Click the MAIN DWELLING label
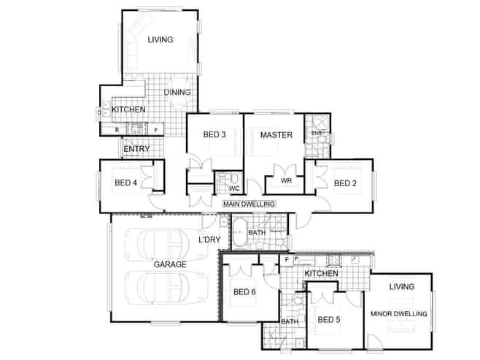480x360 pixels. point(249,204)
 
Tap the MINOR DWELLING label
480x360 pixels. point(398,314)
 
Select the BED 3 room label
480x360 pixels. point(214,134)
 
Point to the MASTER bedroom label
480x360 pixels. point(276,135)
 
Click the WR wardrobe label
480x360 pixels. point(286,181)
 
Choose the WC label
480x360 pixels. point(234,188)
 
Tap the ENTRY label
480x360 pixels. point(136,149)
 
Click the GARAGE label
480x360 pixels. point(170,264)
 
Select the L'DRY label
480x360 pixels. point(209,240)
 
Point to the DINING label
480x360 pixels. point(177,92)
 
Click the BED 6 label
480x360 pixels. point(244,292)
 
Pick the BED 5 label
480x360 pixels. point(329,320)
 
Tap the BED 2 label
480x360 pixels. point(345,183)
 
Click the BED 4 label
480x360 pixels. point(125,183)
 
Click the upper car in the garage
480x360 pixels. point(166,245)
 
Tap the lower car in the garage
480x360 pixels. point(166,288)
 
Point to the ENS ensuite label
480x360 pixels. point(317,134)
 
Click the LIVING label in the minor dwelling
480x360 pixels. point(402,287)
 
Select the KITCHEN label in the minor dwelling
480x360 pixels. point(322,273)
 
